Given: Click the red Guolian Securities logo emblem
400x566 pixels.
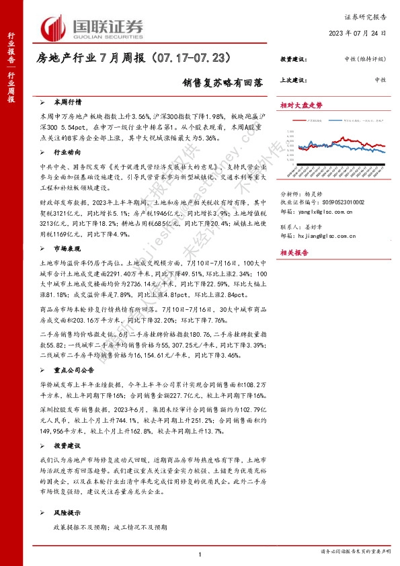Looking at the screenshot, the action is pyautogui.click(x=52, y=28).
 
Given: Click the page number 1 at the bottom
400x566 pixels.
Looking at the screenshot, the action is pyautogui.click(x=200, y=553).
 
